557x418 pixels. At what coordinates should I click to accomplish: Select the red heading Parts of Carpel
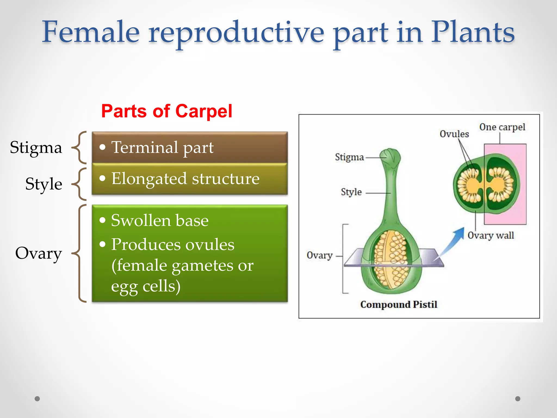(x=166, y=111)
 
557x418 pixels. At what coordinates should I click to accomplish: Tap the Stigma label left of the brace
(x=36, y=148)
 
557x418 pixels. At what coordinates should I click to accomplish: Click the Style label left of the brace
(x=44, y=184)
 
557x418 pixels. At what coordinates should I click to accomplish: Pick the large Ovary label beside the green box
(x=38, y=253)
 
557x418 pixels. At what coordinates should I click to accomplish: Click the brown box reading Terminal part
(x=190, y=147)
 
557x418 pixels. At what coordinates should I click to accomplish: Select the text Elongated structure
(x=185, y=179)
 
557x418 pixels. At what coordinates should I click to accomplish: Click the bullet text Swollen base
(x=160, y=220)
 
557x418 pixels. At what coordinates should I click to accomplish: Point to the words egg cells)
(x=146, y=286)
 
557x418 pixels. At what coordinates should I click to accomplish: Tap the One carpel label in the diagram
(x=502, y=127)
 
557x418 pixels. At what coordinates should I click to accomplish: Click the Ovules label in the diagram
(x=454, y=134)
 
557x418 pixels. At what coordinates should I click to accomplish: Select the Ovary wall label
(x=491, y=235)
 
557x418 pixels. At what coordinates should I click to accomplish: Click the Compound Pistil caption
(x=399, y=304)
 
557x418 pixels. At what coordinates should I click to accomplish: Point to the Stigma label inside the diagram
(x=349, y=157)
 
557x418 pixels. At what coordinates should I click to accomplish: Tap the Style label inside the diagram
(x=351, y=192)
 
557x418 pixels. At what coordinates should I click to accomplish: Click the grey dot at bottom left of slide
(x=37, y=399)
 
